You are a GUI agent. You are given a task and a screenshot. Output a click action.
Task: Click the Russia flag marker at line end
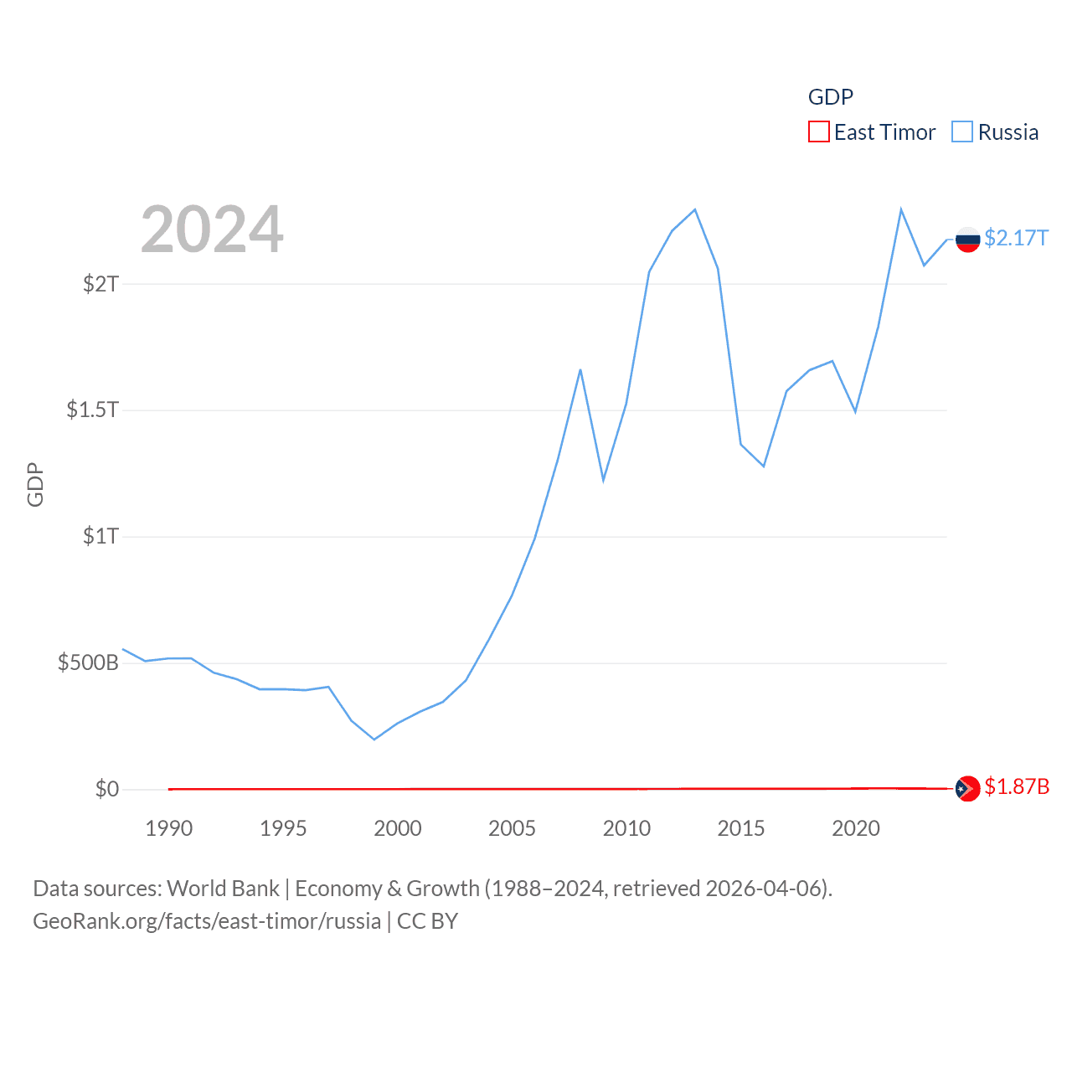(967, 240)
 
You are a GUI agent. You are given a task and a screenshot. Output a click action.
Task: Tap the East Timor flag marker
(967, 788)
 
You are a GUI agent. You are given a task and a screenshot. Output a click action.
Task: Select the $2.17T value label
(1016, 239)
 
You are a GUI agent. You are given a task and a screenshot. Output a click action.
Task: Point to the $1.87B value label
(1017, 787)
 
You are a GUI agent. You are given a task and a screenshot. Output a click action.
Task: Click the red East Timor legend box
(818, 132)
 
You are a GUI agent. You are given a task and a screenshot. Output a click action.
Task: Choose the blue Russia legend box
(962, 132)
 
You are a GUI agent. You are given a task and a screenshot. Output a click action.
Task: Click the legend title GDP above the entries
(830, 97)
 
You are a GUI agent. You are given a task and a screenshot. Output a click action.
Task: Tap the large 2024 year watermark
(212, 229)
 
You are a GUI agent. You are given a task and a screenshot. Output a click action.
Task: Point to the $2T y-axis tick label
(100, 284)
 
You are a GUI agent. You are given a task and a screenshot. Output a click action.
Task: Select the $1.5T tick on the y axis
(92, 410)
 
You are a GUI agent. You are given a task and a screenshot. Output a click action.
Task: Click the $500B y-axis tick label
(88, 663)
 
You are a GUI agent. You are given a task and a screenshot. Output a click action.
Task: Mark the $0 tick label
(107, 789)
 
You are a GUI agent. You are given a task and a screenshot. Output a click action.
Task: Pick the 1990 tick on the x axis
(168, 829)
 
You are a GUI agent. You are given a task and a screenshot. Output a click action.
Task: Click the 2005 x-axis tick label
(512, 829)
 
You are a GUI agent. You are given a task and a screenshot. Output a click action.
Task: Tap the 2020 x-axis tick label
(855, 829)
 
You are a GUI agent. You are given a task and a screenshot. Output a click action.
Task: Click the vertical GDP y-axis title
(35, 484)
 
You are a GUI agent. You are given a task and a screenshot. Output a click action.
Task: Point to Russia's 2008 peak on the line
(580, 369)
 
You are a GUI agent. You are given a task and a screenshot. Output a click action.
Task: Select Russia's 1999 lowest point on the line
(374, 740)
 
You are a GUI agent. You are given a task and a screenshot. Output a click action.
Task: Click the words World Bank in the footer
(223, 889)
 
